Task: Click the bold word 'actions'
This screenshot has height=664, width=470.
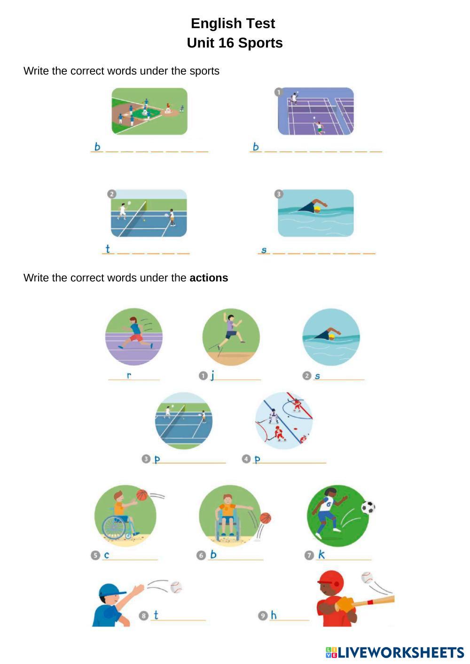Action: (209, 278)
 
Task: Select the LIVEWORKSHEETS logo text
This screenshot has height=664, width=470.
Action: (399, 652)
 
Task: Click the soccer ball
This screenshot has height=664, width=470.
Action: (368, 507)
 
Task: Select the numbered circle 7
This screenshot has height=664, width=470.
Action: (309, 556)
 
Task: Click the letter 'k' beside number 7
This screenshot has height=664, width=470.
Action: (321, 555)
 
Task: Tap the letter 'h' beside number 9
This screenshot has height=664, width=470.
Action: (274, 615)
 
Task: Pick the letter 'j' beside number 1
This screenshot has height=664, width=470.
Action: (212, 375)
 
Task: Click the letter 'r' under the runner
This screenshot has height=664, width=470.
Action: (129, 375)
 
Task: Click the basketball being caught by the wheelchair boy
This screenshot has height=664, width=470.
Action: (141, 495)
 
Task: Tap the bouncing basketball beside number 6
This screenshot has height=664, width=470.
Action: (266, 518)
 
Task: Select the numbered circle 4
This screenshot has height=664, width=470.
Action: (246, 459)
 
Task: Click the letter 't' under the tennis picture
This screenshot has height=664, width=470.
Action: (108, 249)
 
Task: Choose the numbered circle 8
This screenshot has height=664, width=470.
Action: (144, 616)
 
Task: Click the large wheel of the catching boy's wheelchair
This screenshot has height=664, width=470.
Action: (113, 528)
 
